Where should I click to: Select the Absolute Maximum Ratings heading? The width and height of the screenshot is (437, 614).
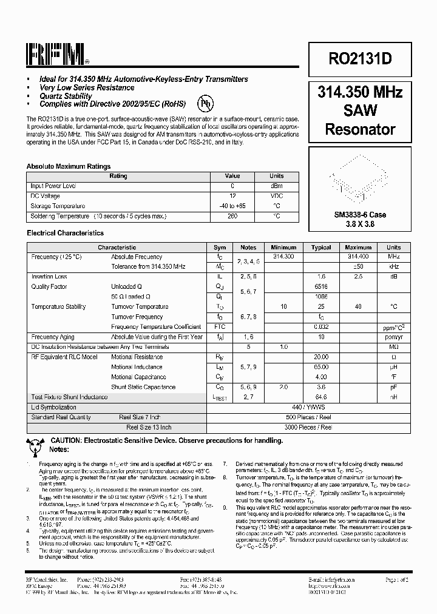pos(69,166)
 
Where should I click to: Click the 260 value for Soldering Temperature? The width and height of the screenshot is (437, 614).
pos(232,216)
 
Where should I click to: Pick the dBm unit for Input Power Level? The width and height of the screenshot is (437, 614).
pos(276,186)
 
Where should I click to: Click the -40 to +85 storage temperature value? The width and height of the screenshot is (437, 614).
pos(232,206)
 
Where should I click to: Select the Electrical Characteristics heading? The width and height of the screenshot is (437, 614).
pos(65,233)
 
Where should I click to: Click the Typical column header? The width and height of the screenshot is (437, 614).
pos(321,248)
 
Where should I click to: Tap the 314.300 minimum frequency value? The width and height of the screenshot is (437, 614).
pos(283,257)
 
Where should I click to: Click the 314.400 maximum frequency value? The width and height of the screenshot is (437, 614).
pos(358,257)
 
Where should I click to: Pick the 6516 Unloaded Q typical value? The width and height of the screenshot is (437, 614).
pos(321,287)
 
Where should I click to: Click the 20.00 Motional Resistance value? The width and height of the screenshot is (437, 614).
pos(321,357)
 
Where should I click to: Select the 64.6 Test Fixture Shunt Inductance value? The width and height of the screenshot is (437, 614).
pos(321,397)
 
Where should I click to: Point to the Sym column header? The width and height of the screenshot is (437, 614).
pos(220,248)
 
